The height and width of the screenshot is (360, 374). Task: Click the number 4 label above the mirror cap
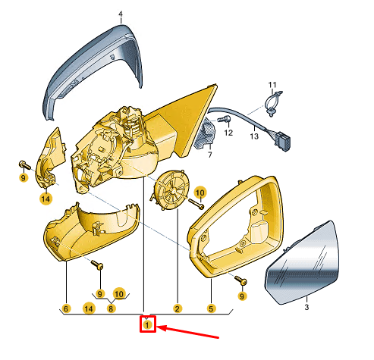point(121,14)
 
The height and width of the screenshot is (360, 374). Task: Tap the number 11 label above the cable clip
point(272,85)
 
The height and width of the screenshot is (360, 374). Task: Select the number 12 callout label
point(228,133)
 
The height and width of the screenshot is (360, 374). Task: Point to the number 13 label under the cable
point(254,136)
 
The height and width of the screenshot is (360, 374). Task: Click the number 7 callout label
point(210,155)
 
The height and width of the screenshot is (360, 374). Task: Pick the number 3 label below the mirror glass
point(306,307)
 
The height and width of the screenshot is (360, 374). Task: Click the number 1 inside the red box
point(147,324)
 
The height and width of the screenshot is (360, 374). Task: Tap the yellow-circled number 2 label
point(178,308)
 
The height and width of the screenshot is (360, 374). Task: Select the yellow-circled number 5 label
point(211,308)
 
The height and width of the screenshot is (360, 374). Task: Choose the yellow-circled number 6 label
point(66,308)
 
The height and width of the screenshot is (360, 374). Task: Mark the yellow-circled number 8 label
point(111,308)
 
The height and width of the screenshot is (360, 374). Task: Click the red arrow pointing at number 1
point(187,332)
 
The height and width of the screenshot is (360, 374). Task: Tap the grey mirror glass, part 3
point(303,263)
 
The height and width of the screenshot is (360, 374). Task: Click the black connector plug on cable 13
point(283,142)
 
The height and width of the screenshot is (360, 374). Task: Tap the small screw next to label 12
point(224,119)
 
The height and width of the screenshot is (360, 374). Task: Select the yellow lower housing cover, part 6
point(91,233)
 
